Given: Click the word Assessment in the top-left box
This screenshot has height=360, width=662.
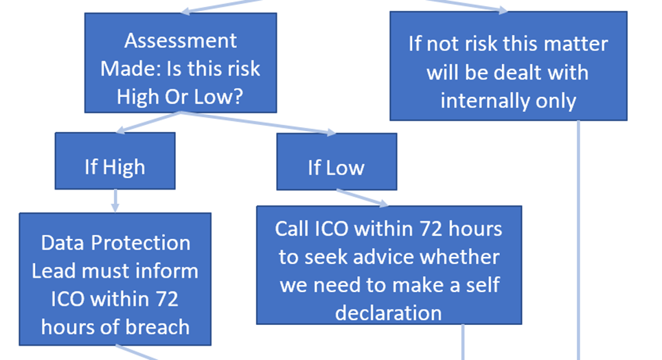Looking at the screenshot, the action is (181, 41).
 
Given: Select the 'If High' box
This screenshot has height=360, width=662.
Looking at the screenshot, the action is (115, 161).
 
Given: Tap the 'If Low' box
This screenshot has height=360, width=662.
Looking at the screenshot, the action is (336, 162).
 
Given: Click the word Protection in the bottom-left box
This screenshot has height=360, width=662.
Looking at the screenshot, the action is (141, 243).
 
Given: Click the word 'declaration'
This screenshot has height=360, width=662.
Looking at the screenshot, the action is (389, 313).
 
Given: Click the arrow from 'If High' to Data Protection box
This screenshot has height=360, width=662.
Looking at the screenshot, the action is (115, 201).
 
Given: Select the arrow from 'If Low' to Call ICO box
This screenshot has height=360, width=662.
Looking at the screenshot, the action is (362, 198).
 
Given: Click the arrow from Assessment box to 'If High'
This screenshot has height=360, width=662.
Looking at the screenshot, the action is (148, 122).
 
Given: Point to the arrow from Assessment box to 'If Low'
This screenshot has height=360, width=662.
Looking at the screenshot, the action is (258, 124).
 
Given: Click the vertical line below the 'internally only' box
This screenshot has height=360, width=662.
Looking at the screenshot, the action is (578, 240).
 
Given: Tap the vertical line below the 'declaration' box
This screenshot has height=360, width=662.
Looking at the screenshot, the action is (463, 342).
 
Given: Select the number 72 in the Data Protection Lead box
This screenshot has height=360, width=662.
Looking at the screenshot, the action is (167, 299).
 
